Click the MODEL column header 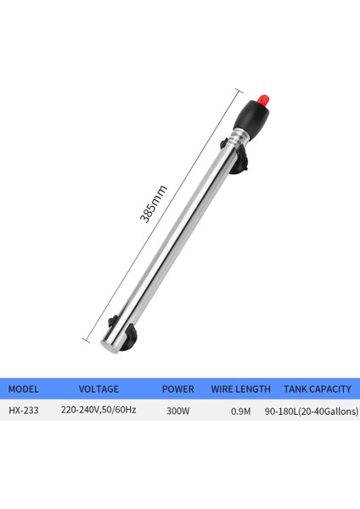pyautogui.click(x=25, y=389)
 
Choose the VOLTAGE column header pyautogui.click(x=98, y=389)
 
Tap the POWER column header pyautogui.click(x=177, y=389)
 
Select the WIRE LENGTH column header pyautogui.click(x=240, y=389)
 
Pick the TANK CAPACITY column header pyautogui.click(x=317, y=389)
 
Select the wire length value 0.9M pyautogui.click(x=240, y=410)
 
